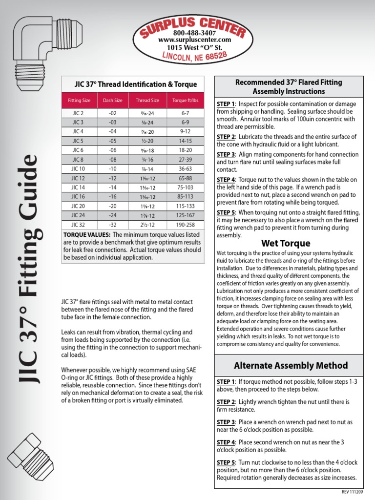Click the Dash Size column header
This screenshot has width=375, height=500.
(112, 101)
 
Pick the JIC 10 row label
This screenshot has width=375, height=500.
(78, 168)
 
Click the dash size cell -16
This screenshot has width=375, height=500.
(112, 196)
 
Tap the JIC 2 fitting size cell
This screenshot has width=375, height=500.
(78, 113)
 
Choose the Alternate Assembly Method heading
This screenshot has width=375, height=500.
(291, 365)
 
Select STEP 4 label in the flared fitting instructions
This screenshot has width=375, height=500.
(226, 180)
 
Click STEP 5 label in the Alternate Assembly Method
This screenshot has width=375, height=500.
(226, 462)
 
